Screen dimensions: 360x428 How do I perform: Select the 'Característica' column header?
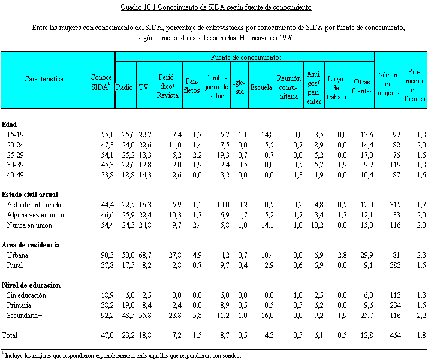(44, 78)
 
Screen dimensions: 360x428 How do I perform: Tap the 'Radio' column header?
(124, 87)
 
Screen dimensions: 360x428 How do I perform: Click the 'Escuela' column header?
(261, 87)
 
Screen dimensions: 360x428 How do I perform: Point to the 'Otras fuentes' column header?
(361, 83)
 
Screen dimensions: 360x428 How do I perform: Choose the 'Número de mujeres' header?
(388, 84)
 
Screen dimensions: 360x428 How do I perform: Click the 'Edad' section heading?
(9, 125)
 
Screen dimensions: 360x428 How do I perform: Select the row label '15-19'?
(16, 134)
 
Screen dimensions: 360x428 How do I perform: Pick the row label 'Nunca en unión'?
(29, 225)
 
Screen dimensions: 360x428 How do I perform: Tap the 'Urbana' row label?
(17, 255)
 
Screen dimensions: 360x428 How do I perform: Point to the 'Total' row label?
(10, 335)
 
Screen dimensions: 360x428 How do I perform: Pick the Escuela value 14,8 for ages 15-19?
(265, 134)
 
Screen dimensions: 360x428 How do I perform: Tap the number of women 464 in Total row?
(394, 335)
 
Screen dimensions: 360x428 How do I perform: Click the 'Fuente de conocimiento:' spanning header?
(246, 57)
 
